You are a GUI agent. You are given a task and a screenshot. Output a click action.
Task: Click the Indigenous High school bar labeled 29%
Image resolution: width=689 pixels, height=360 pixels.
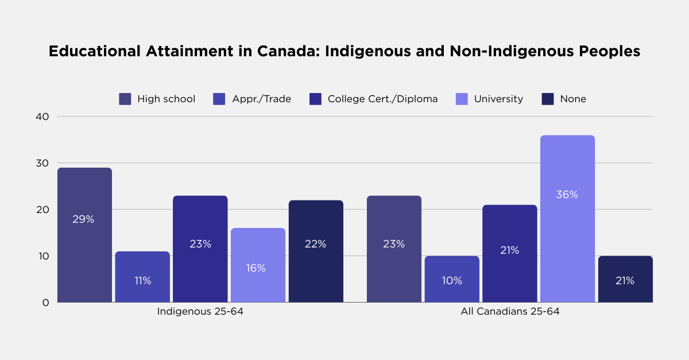84,235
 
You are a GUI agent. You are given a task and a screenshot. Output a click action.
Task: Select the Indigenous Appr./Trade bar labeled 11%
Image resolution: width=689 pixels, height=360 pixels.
142,277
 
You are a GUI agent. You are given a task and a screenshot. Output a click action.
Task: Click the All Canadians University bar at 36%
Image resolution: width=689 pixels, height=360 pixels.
567,219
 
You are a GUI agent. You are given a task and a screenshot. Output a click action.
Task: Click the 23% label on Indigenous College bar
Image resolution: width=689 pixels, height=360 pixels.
200,244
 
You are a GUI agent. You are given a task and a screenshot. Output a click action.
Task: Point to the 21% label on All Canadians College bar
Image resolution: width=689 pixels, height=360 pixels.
509,250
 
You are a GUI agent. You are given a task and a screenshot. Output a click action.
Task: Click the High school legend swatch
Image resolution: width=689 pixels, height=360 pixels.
125,99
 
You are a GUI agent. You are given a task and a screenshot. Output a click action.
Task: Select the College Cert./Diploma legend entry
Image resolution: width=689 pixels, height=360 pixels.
373,99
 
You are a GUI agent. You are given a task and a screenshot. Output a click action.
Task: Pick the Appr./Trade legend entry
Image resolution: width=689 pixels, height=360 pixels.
252,99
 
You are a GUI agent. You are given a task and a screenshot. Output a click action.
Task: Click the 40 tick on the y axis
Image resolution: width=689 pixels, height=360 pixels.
44,117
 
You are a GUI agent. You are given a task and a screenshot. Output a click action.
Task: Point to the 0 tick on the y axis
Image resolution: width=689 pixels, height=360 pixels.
46,303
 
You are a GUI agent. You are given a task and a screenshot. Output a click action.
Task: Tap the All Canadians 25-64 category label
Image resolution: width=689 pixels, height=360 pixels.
510,312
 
